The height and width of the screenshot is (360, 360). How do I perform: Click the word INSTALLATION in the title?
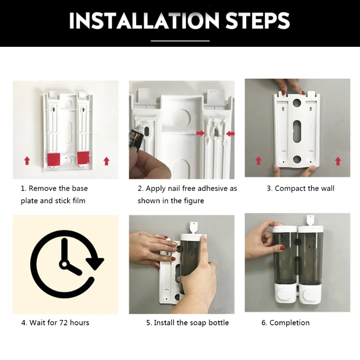coord(144,20)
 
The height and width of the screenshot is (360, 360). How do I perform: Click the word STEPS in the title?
coord(257,20)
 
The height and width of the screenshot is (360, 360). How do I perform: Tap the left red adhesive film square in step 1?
coord(54,159)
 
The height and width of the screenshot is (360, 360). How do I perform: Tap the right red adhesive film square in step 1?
coord(83,157)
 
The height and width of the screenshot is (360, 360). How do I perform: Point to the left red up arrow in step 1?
coord(27,161)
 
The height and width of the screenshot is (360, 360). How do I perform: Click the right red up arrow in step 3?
coord(338,161)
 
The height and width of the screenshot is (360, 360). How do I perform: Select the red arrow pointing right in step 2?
coord(200,133)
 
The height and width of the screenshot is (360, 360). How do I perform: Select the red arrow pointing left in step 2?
coord(230,134)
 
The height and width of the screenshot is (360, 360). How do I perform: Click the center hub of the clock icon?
coord(64,264)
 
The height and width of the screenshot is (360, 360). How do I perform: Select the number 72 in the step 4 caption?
coord(63,323)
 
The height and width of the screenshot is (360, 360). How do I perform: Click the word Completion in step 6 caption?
coord(289,323)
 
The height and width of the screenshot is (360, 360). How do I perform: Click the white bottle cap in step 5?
coord(193,237)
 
